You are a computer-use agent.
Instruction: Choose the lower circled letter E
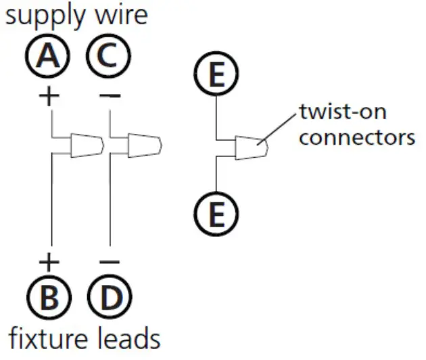click(216, 216)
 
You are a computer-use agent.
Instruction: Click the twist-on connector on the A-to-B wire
click(87, 145)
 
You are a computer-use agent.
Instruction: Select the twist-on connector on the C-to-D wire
click(144, 145)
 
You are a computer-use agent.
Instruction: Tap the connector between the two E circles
click(251, 146)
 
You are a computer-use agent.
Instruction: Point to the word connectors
click(356, 137)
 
